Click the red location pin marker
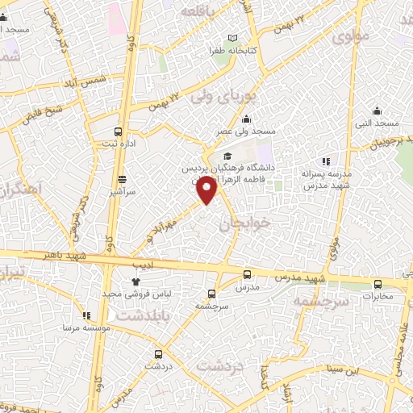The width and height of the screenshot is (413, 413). tap(208, 190)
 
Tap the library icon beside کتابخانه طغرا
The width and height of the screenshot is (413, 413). tap(233, 38)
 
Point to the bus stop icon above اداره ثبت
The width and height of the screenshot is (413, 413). tap(119, 131)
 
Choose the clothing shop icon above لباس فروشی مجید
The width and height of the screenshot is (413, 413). tap(135, 282)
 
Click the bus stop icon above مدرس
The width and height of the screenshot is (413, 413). tap(248, 275)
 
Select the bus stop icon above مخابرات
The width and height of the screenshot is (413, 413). tap(378, 284)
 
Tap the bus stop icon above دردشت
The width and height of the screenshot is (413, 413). tap(158, 353)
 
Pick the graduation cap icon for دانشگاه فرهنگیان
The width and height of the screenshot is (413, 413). tap(228, 156)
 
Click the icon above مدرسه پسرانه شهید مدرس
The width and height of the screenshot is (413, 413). tap(325, 161)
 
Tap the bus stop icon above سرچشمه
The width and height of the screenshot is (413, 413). tap(211, 294)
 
